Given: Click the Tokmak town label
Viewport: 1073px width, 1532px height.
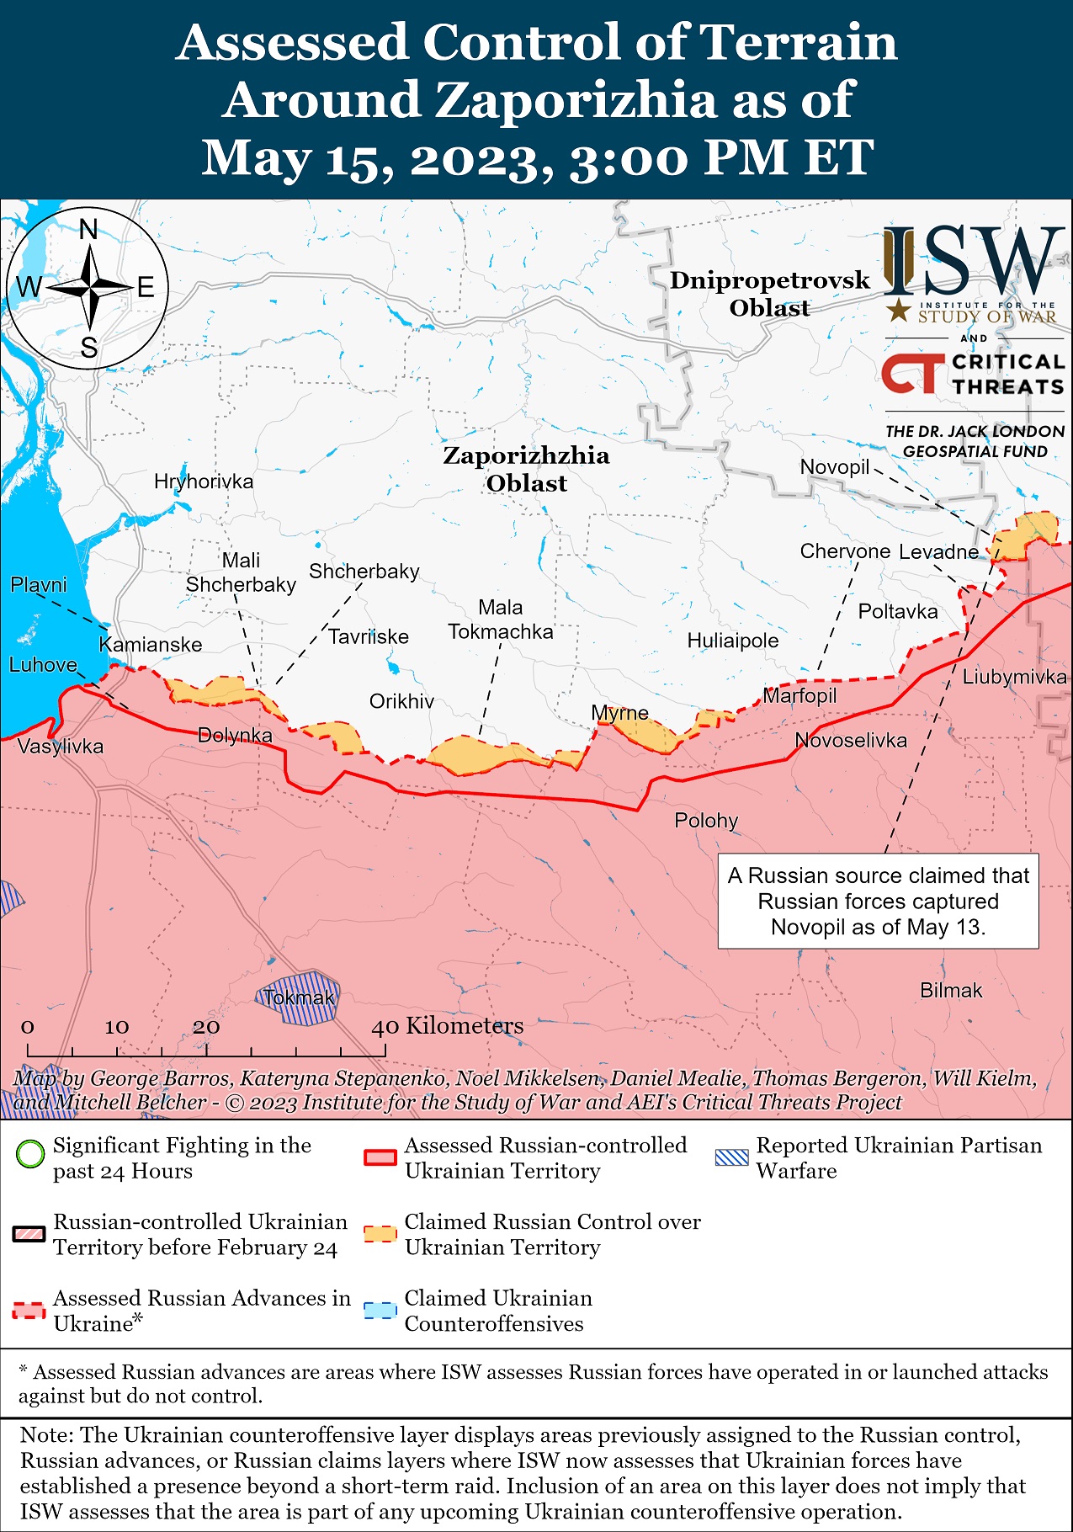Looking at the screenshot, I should click(298, 998).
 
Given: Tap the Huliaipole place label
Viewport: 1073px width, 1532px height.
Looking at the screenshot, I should click(732, 641).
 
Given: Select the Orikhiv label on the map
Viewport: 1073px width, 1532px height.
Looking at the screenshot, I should click(401, 701).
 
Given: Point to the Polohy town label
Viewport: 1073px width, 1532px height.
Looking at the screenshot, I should click(706, 821).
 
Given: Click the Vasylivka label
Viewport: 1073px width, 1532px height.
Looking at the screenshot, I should click(60, 747).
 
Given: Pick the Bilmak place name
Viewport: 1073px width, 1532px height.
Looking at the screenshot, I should click(951, 991).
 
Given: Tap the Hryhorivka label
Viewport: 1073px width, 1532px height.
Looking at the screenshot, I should click(204, 481).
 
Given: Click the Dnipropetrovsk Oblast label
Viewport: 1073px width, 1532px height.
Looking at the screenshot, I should click(769, 294).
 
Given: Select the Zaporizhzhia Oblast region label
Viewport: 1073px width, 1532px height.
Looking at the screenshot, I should click(526, 469).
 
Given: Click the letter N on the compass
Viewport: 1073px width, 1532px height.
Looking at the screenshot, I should click(88, 229).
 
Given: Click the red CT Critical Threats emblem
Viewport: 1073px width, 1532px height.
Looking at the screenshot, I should click(912, 374).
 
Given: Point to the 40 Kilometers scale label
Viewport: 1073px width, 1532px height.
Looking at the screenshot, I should click(448, 1026).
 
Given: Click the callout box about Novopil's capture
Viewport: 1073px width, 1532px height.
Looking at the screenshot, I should click(878, 902).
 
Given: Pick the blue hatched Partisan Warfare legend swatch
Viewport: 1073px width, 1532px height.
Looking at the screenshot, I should click(730, 1157).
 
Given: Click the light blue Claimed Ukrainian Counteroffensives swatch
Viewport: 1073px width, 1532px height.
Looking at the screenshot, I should click(379, 1311).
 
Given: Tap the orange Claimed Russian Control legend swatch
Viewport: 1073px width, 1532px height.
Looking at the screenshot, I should click(379, 1234).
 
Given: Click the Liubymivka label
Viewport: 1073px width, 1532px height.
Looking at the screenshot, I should click(1014, 677).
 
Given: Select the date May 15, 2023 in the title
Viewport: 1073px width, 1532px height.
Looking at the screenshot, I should click(377, 157).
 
